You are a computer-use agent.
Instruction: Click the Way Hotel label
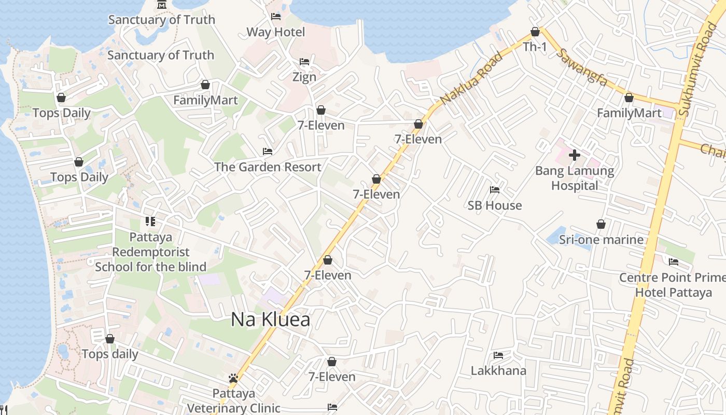pos(275,32)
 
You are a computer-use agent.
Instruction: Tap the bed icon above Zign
pos(304,62)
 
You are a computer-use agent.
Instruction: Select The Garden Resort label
pos(268,167)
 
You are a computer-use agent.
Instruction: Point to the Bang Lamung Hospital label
pos(575,178)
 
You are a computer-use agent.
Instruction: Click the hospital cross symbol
pos(575,155)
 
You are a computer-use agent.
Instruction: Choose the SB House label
pos(495,205)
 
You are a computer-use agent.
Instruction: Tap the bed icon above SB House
pos(495,190)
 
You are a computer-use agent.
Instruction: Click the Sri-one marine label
pos(601,240)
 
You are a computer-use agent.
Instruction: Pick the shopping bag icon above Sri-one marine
pos(601,224)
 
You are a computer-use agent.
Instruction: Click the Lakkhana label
pos(498,371)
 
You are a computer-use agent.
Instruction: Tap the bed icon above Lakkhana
pos(498,355)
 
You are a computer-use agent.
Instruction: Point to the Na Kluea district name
pos(270,319)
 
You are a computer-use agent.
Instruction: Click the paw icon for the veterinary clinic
pos(233,378)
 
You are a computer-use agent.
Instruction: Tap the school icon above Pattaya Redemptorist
pos(150,222)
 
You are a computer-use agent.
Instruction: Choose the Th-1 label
pos(535,47)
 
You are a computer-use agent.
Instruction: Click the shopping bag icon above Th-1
pos(535,32)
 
